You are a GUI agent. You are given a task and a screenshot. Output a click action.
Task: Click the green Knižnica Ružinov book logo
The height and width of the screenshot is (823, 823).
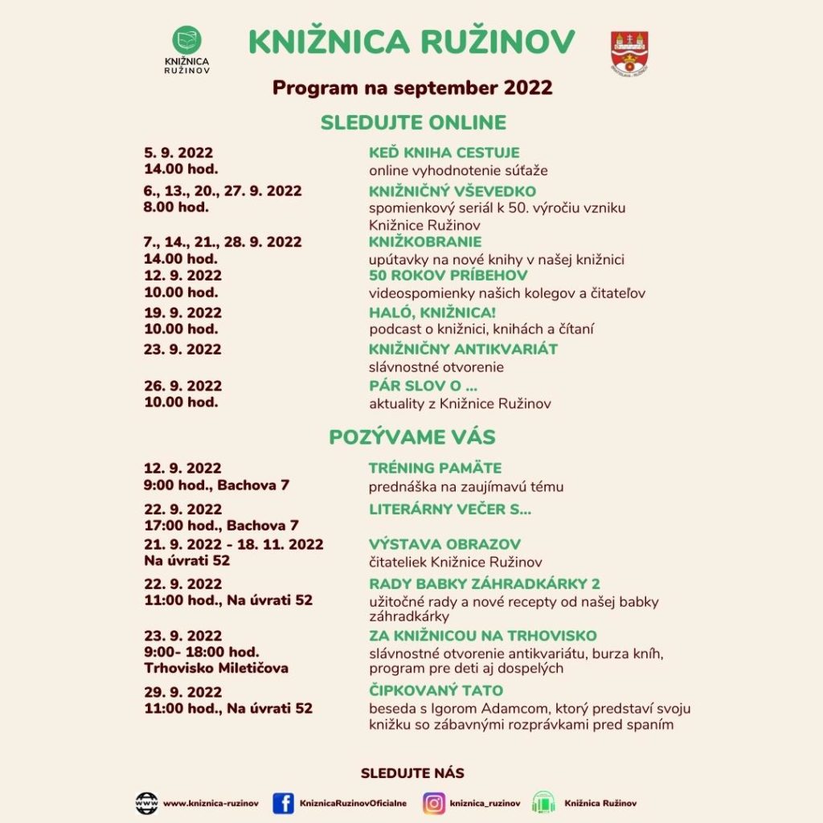pos(187,41)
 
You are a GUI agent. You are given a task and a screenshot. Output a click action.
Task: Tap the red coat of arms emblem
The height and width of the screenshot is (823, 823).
pos(629,52)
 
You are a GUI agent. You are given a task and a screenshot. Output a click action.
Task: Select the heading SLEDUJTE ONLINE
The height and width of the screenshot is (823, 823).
pos(413,123)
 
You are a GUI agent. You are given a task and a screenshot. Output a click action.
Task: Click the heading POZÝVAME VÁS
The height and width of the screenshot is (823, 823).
pos(412,437)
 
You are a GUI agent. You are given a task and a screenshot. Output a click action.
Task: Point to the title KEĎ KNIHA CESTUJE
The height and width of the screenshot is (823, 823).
pos(444,153)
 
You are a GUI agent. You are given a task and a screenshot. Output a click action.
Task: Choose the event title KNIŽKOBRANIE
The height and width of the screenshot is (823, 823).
pos(425,242)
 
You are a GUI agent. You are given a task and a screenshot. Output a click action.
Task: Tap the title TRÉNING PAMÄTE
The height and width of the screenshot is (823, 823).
pos(435,468)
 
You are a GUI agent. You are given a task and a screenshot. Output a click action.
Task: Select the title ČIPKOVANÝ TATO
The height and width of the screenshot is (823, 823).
pos(436,690)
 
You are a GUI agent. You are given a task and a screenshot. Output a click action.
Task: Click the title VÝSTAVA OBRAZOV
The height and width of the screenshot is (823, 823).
pos(444,544)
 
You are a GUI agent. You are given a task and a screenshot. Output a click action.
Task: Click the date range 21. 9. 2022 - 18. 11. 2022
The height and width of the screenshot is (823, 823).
pos(233,544)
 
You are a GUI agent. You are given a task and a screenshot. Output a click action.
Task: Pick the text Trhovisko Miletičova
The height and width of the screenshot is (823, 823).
pos(216,668)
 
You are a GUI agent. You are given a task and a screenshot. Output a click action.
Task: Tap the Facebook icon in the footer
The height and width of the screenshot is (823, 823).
pos(283,803)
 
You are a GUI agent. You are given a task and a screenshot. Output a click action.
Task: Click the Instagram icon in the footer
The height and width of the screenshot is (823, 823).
pos(434,803)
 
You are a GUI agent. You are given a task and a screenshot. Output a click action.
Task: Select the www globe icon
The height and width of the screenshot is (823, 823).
pos(146,803)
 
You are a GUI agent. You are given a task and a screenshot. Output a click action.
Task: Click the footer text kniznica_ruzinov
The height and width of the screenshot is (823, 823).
pos(485,803)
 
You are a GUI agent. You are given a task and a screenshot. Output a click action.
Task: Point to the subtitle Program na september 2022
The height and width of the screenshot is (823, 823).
pos(412,87)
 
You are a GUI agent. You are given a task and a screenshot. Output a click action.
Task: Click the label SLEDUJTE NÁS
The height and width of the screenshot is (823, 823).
pos(412,773)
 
